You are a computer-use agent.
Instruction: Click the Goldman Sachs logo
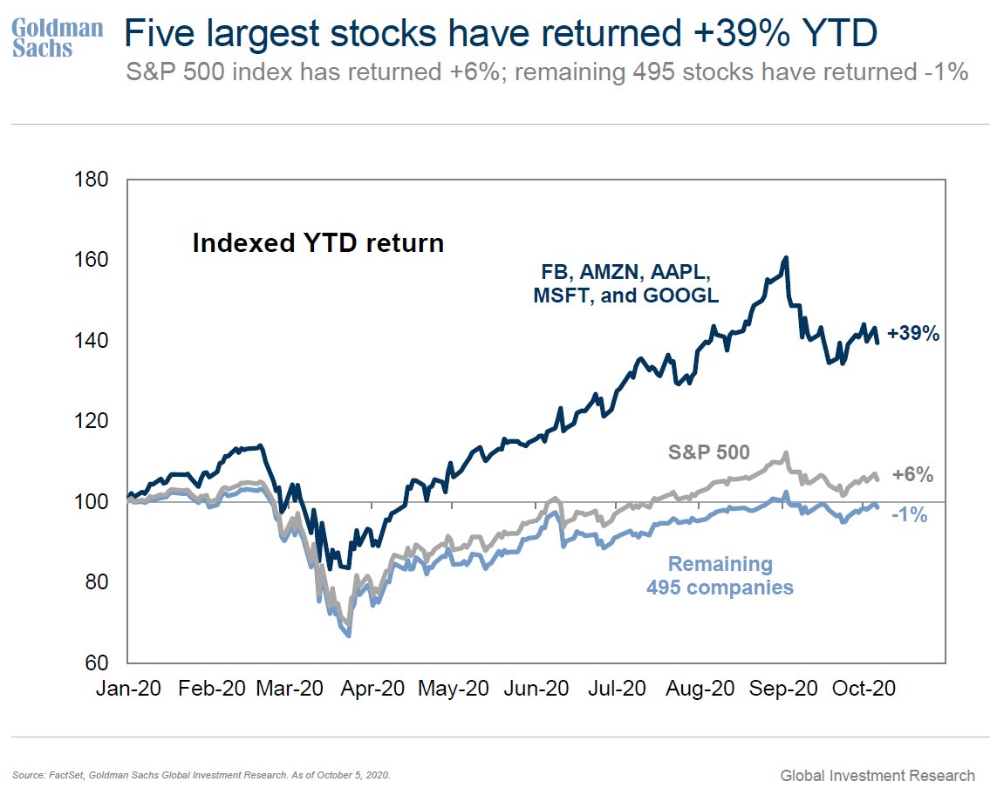click(x=57, y=37)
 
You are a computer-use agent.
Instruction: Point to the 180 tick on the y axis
click(x=92, y=180)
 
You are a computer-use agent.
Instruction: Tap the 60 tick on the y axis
click(x=97, y=662)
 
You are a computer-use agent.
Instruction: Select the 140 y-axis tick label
click(x=92, y=341)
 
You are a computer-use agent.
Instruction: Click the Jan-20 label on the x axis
click(x=129, y=688)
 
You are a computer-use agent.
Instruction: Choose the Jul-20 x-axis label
click(x=616, y=688)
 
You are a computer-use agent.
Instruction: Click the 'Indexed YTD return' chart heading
click(x=317, y=242)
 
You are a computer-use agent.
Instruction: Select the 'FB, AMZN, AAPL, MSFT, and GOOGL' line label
click(x=625, y=282)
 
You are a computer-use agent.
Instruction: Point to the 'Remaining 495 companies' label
click(x=720, y=576)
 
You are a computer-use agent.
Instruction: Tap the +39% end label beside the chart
click(x=913, y=333)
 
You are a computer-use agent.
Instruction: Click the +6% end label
click(x=912, y=475)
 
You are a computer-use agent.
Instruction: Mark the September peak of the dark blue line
click(x=786, y=258)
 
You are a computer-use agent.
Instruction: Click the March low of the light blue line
click(x=349, y=636)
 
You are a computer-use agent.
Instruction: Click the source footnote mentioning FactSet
click(x=201, y=774)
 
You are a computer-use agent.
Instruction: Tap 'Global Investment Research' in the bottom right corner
click(x=877, y=775)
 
